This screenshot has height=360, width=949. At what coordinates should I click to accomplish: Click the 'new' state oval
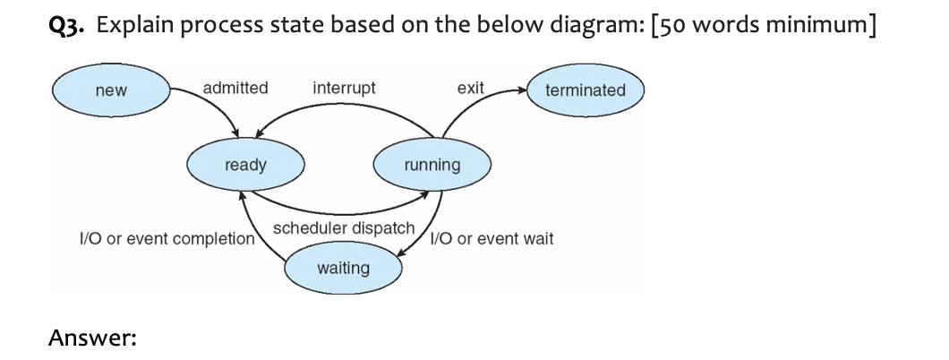point(111,90)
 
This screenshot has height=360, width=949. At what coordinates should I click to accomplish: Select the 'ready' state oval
point(245,165)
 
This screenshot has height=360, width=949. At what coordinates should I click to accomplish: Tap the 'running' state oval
point(432,165)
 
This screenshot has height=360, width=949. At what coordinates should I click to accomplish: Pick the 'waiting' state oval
point(343,268)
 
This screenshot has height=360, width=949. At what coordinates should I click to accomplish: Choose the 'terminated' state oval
point(586,90)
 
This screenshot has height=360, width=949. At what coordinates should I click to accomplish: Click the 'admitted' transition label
point(235,88)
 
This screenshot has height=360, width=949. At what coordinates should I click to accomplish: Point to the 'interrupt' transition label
point(345,88)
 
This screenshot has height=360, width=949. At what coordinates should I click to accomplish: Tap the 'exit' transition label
point(470,88)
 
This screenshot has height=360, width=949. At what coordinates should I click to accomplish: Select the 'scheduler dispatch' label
point(344,228)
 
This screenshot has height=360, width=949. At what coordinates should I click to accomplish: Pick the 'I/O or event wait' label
point(492,239)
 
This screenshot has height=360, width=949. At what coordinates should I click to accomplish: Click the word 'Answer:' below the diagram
point(92,338)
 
